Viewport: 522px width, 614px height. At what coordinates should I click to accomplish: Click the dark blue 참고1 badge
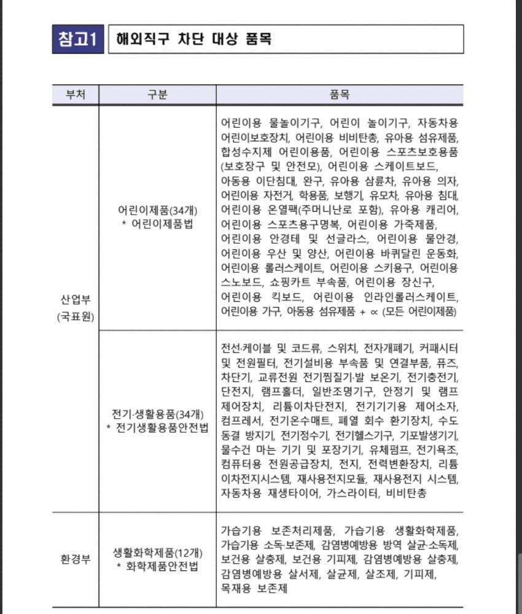pos(77,39)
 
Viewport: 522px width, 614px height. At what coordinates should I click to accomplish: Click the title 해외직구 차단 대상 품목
pos(193,39)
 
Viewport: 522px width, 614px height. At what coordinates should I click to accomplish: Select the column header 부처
pos(76,95)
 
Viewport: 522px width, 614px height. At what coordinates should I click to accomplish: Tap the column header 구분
pos(157,95)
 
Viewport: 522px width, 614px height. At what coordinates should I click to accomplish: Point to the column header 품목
pos(340,95)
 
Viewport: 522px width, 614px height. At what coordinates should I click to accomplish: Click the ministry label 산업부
pos(76,301)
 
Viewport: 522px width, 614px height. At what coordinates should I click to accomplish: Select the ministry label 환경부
pos(76,559)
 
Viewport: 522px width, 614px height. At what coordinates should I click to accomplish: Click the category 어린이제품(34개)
pos(157,210)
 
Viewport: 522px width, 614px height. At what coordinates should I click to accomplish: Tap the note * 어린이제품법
pos(157,224)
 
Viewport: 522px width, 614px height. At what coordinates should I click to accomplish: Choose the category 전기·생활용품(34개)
pos(157,414)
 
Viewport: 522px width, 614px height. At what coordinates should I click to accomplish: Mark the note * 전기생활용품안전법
pos(157,428)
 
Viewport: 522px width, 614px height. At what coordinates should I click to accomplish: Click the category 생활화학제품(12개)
pos(157,551)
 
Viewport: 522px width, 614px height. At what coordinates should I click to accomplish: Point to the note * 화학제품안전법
pos(157,566)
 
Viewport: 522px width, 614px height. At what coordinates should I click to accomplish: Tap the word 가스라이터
pos(357,492)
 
